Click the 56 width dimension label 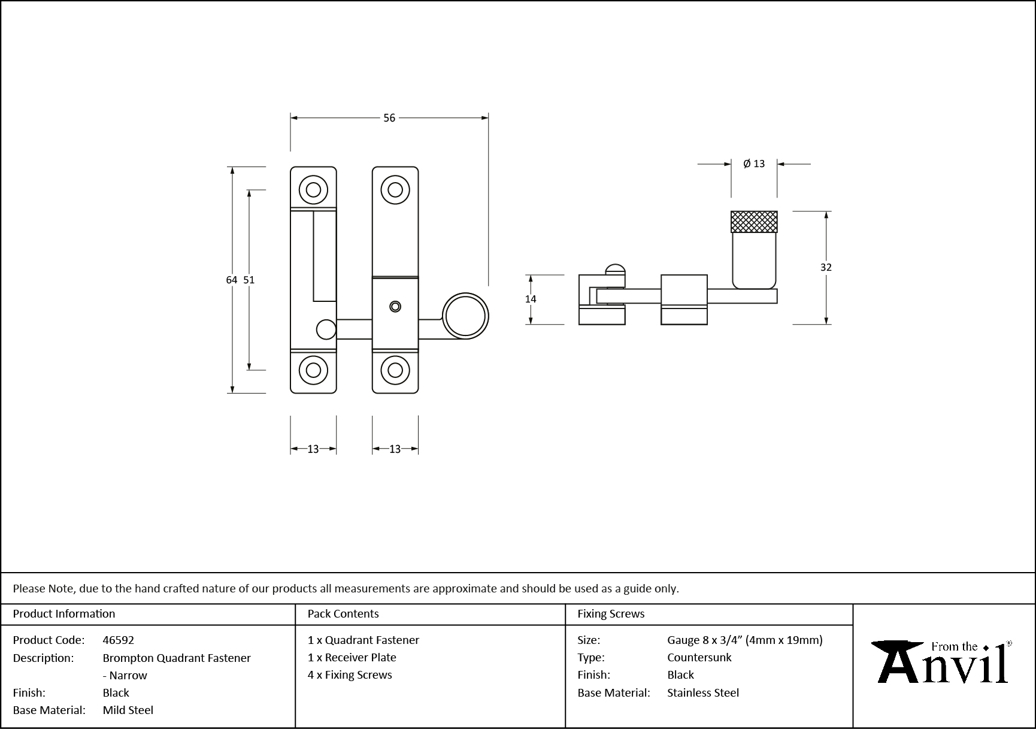[x=389, y=118]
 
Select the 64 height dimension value [x=232, y=280]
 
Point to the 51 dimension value [x=249, y=280]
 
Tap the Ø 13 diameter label [x=754, y=164]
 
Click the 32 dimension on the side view [x=826, y=267]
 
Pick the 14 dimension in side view [x=531, y=299]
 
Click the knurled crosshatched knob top [x=754, y=222]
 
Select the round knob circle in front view [x=465, y=316]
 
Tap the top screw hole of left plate [x=313, y=190]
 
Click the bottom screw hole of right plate [x=395, y=370]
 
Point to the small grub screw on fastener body [x=395, y=306]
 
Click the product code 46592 [x=119, y=640]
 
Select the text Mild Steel [x=128, y=710]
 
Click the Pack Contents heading [x=343, y=613]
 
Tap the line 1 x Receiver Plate [x=352, y=657]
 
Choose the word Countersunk [x=699, y=657]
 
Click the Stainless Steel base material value [x=703, y=692]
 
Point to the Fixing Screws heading [x=611, y=613]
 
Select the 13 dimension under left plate [x=313, y=449]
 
